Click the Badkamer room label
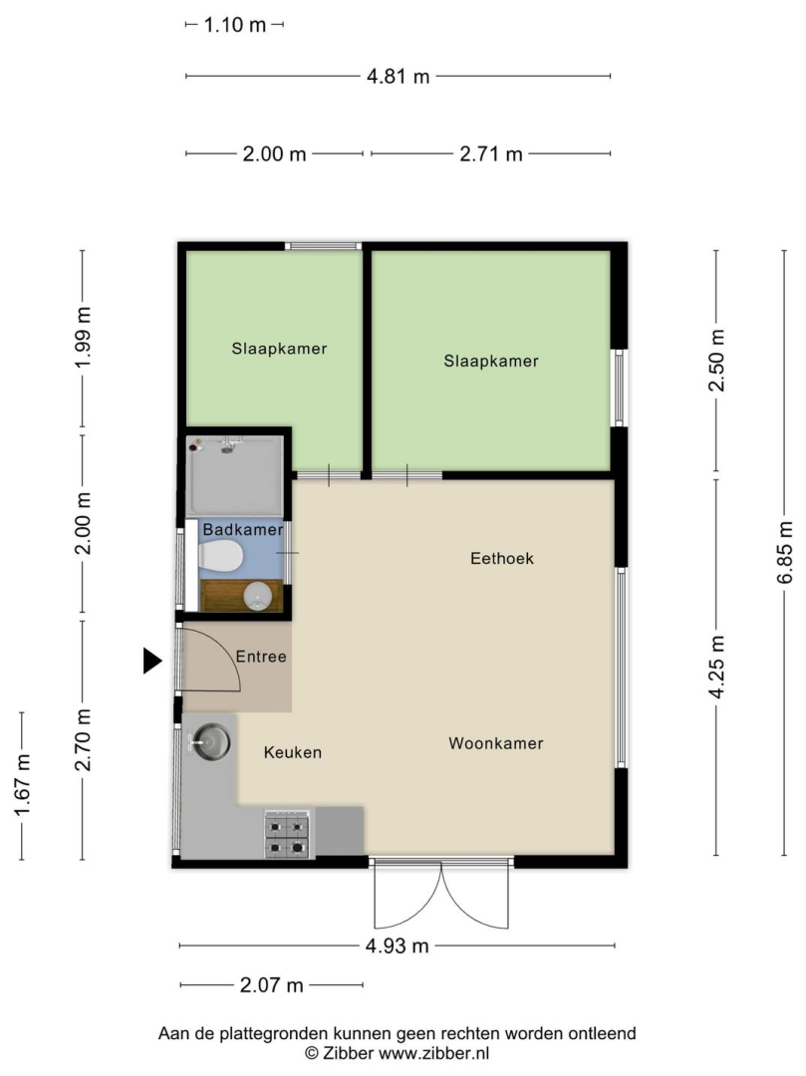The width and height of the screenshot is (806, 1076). (x=243, y=530)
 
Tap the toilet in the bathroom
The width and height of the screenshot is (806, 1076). (x=220, y=555)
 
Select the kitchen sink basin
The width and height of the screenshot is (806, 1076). (x=211, y=742)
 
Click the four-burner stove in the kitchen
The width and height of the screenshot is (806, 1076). (x=287, y=835)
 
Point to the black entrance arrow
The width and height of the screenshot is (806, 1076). (x=151, y=661)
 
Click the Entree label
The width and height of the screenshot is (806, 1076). (x=261, y=657)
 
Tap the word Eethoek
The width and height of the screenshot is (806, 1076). (x=502, y=559)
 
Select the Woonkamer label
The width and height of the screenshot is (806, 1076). (x=496, y=743)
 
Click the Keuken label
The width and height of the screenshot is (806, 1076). (x=293, y=753)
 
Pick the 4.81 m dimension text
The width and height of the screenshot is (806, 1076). (x=398, y=76)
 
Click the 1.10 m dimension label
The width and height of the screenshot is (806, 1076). (x=234, y=25)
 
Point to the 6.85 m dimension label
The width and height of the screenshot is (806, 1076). (x=785, y=552)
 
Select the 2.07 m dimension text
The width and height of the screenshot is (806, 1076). (x=272, y=985)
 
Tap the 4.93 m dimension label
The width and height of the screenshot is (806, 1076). (x=398, y=946)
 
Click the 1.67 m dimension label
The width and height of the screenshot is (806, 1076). (x=23, y=786)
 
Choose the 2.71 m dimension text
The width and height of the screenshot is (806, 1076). (x=491, y=153)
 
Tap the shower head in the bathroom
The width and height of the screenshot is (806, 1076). (x=228, y=446)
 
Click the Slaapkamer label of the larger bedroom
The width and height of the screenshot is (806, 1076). (x=491, y=361)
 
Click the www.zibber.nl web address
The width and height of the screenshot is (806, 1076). (x=434, y=1053)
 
